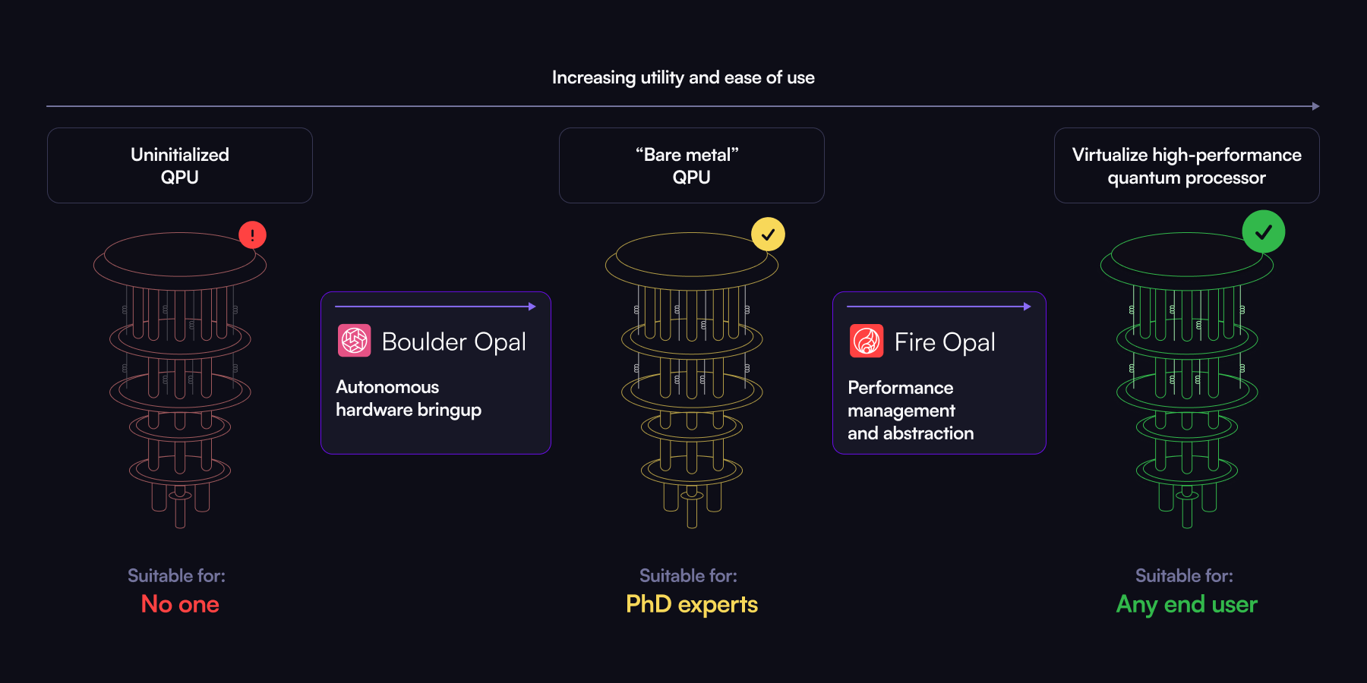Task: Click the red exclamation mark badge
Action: (x=252, y=234)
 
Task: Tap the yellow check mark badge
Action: (x=768, y=234)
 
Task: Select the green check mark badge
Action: (x=1263, y=231)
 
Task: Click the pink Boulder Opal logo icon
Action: (x=354, y=341)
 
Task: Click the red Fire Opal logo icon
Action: (x=867, y=341)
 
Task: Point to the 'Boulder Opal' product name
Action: (x=453, y=341)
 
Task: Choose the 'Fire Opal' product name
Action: (x=945, y=342)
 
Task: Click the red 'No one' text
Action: (x=180, y=604)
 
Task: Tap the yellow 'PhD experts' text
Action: (x=691, y=604)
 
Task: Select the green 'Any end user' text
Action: (x=1186, y=604)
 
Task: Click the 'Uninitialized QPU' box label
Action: (x=180, y=165)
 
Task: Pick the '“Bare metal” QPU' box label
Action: (x=691, y=165)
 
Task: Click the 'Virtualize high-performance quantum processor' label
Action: (x=1186, y=165)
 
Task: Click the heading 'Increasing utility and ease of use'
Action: (x=683, y=77)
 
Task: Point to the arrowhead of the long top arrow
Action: (x=1316, y=106)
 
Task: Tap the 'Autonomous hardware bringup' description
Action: (x=409, y=398)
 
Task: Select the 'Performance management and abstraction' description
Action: (x=911, y=411)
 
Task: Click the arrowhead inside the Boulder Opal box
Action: (x=532, y=307)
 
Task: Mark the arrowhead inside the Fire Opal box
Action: (x=1028, y=307)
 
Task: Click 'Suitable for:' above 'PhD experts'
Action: (x=688, y=576)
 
